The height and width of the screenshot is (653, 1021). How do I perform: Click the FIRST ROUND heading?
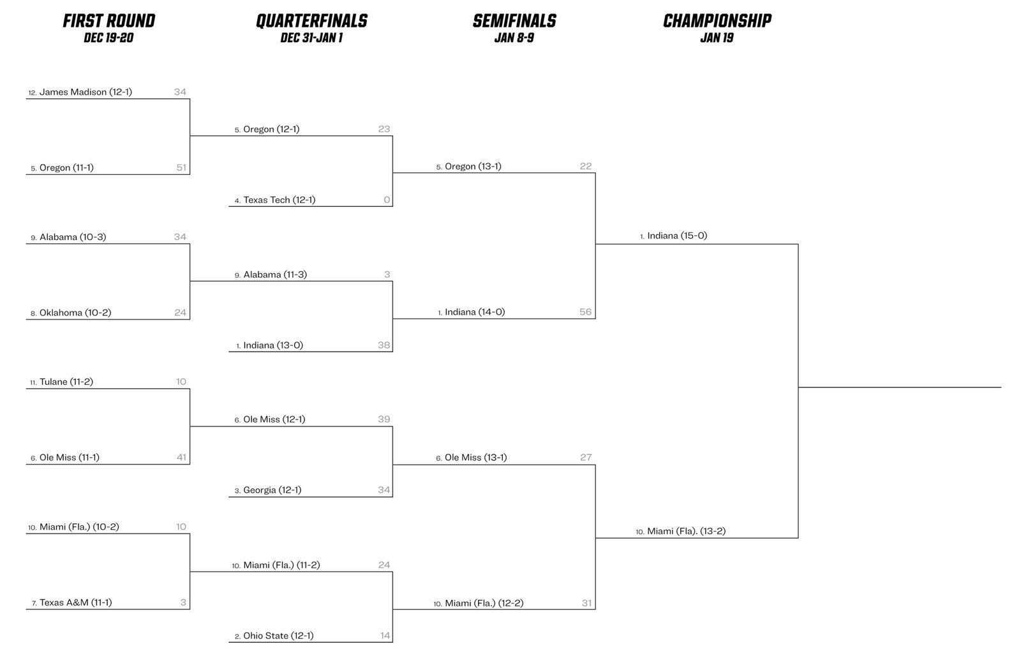(x=109, y=21)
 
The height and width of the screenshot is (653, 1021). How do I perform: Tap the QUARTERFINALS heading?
(x=312, y=21)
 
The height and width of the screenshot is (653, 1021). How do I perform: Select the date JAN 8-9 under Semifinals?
(x=514, y=38)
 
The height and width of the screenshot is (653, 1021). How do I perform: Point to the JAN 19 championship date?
(x=717, y=38)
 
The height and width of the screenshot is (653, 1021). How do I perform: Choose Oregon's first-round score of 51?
(x=181, y=167)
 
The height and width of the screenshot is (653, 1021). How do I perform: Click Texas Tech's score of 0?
(x=387, y=200)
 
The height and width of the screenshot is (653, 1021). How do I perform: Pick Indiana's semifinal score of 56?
(x=586, y=312)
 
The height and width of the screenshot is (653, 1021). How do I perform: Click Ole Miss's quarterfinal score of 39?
(x=384, y=419)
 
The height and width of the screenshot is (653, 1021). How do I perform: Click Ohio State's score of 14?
(x=385, y=636)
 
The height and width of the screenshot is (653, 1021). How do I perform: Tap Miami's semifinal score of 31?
(x=587, y=603)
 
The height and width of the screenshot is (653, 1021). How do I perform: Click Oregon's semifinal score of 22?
(x=586, y=166)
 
